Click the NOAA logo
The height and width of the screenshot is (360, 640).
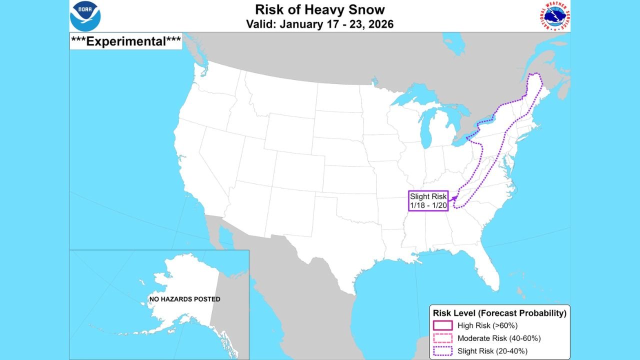click(x=85, y=16)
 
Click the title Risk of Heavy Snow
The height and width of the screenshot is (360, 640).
click(x=320, y=9)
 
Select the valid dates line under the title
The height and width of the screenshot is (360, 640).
click(x=320, y=24)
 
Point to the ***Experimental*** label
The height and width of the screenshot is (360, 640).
click(x=126, y=41)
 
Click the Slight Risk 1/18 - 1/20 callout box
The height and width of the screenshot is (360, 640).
click(x=428, y=200)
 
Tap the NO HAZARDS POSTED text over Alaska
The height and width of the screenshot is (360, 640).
click(x=184, y=299)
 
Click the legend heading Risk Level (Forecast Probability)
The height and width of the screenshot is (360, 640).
click(x=499, y=313)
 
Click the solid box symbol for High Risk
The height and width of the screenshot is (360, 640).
click(x=442, y=325)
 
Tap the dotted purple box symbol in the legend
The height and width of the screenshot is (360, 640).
click(x=442, y=350)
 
